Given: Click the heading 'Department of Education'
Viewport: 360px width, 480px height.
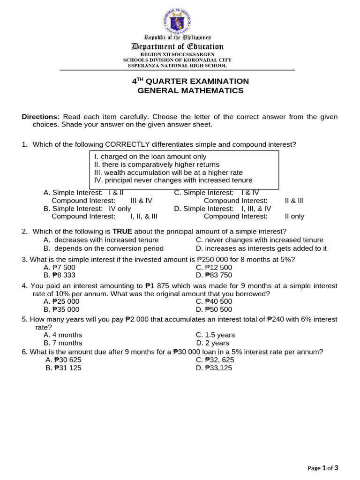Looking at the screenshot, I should point(177,46).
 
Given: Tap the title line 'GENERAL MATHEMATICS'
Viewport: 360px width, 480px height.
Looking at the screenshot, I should point(190,90).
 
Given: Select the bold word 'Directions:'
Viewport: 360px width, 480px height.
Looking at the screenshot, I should point(41,117).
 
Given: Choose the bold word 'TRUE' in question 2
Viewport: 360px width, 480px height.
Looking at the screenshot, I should point(122,231).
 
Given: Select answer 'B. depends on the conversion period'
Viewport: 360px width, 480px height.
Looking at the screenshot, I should point(104,248).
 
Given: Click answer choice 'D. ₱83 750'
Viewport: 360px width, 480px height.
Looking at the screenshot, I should point(214,275).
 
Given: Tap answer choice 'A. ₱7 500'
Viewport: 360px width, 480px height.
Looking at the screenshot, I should point(61,267).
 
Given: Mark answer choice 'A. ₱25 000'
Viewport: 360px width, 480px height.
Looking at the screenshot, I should point(61,301).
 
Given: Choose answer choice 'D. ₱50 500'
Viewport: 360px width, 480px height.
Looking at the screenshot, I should point(214,309).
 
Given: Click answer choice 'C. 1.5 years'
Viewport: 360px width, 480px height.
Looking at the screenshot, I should point(215,335).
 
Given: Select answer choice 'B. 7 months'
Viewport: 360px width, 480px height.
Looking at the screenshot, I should point(63,343).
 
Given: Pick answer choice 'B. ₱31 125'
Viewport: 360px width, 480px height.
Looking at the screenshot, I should point(64,368).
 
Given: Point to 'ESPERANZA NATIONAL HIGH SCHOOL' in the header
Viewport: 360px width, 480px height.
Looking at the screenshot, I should point(177,66).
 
